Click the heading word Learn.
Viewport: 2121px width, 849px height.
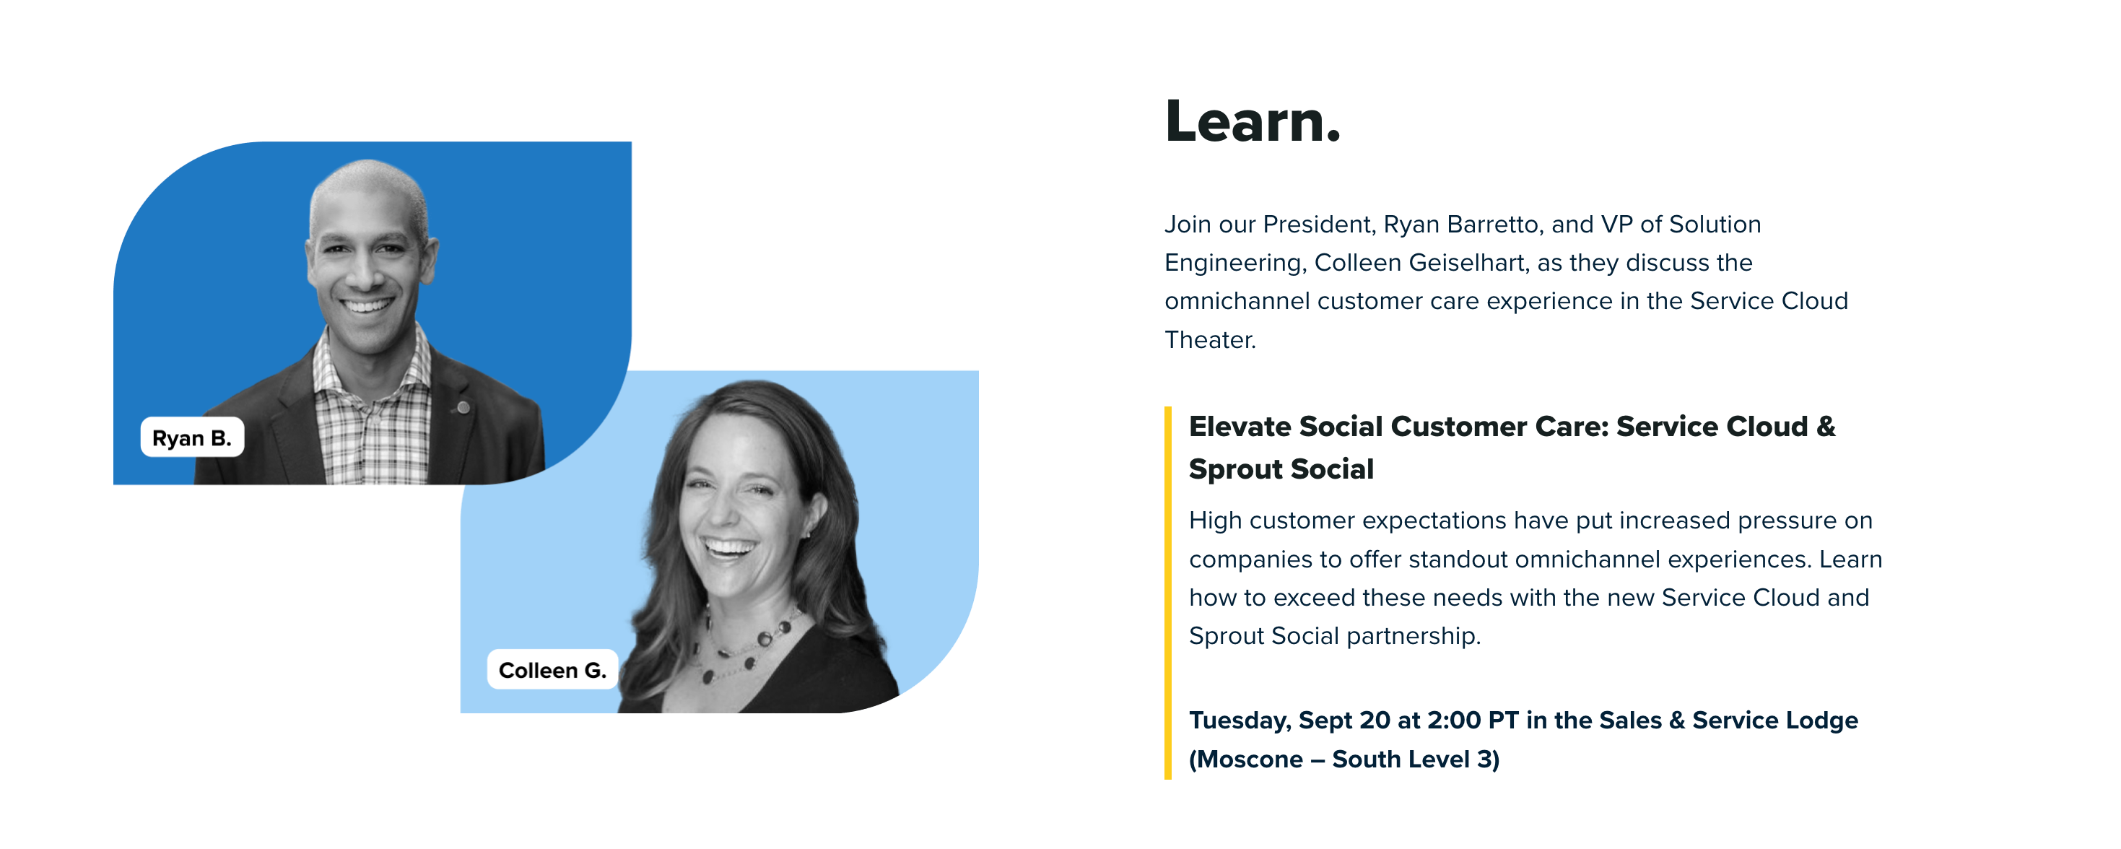[1253, 121]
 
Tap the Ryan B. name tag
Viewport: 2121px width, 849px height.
[192, 437]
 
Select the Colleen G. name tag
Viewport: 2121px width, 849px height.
[552, 669]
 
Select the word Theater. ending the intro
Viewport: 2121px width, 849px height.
[1211, 339]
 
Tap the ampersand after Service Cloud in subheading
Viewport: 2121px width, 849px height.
[1826, 427]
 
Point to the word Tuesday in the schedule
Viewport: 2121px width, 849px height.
[1240, 720]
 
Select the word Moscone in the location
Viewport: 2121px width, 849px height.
[1253, 759]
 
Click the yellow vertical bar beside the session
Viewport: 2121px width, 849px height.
[1167, 593]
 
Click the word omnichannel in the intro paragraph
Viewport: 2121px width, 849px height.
[1237, 301]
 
